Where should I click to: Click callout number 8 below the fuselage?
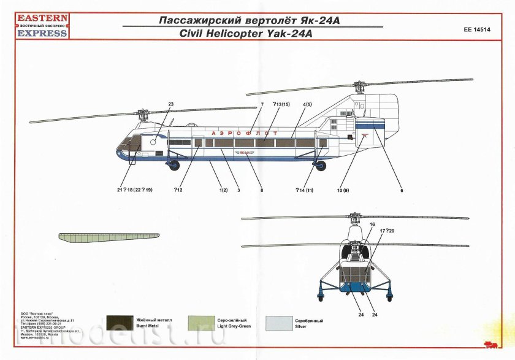261,190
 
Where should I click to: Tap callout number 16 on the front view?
372,225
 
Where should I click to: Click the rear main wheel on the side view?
320,166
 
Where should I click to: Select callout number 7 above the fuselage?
262,104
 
